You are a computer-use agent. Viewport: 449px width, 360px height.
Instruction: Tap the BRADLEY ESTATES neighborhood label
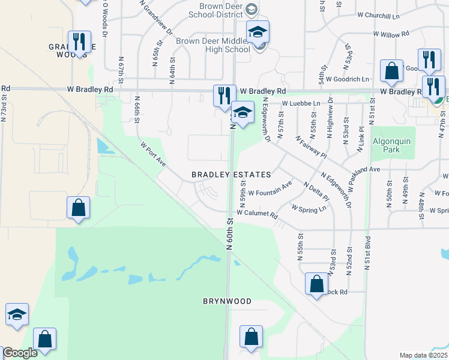point(231,175)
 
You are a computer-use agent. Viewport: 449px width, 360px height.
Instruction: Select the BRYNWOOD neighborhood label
point(226,301)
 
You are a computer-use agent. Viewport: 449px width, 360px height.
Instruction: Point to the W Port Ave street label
point(152,154)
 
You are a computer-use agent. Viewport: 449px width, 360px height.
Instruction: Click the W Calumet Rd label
point(257,214)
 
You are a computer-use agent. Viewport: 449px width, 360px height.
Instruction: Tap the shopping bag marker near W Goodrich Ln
point(391,71)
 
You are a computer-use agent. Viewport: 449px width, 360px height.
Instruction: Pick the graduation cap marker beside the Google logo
point(17,314)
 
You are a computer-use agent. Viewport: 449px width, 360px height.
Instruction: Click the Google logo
point(20,353)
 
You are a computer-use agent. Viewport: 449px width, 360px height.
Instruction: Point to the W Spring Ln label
point(309,208)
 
